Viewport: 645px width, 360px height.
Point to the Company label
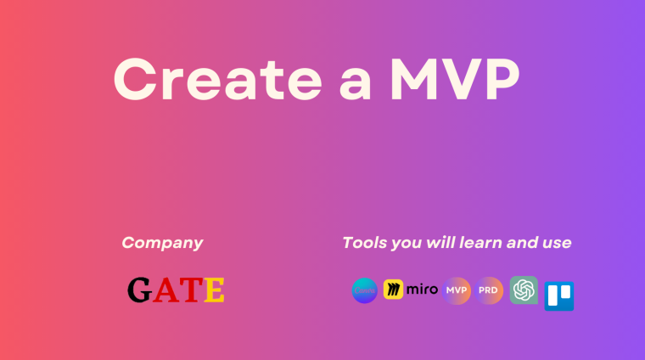162,243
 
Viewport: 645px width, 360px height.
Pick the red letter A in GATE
166,290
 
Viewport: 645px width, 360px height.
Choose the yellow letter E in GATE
214,290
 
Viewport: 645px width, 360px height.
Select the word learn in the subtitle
479,243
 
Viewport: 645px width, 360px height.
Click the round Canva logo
364,290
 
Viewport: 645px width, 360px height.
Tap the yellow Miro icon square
393,290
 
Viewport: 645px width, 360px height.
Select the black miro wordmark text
422,290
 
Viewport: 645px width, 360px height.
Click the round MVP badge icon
457,290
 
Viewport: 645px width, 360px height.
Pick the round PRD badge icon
490,290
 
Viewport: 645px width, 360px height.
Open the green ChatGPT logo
524,290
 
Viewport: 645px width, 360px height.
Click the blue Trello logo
558,295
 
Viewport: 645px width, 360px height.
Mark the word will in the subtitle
437,243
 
